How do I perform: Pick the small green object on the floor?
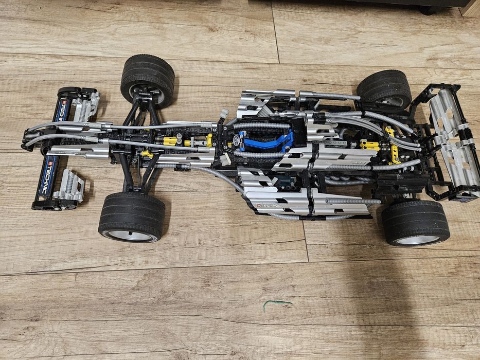[x=277, y=304]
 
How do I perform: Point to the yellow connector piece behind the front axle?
[x=169, y=140]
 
